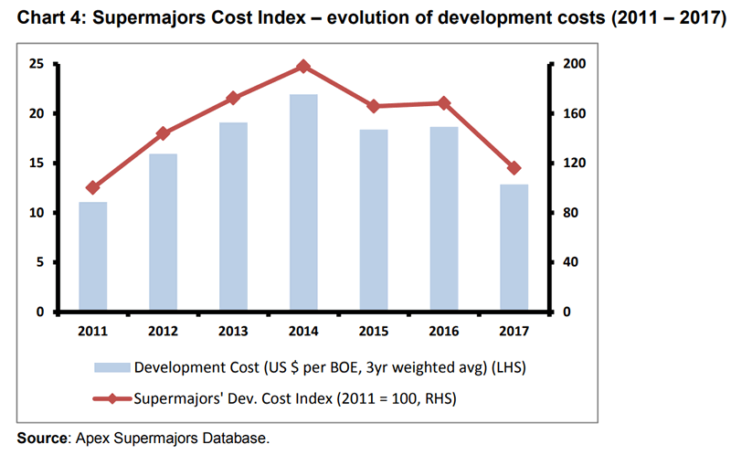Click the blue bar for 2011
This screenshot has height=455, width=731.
point(92,257)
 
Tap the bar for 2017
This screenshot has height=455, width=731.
point(514,248)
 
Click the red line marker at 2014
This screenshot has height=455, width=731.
point(303,66)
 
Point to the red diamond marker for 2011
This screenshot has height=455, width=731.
point(92,187)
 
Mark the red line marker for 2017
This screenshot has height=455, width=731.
point(514,168)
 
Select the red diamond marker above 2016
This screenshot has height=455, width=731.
point(444,103)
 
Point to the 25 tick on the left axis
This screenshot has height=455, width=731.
point(37,64)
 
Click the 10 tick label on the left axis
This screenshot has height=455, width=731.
point(37,213)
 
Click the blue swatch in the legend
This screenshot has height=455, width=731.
point(112,368)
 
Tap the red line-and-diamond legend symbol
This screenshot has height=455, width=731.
point(112,398)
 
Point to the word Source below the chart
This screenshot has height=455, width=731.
point(41,439)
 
